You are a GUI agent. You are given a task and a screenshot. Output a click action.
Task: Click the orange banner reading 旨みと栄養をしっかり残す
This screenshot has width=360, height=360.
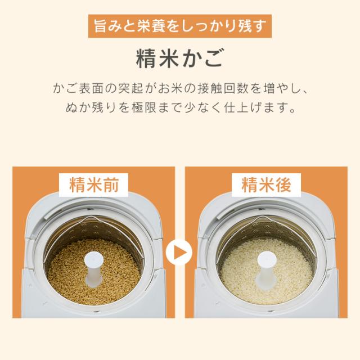(180, 26)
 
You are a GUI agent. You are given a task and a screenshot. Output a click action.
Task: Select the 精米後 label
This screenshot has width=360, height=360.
(267, 184)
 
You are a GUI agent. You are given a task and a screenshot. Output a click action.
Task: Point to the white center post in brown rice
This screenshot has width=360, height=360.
(93, 267)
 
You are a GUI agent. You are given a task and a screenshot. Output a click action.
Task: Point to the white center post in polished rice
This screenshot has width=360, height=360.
(266, 267)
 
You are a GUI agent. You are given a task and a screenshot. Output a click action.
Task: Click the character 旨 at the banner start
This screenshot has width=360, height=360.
(100, 26)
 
